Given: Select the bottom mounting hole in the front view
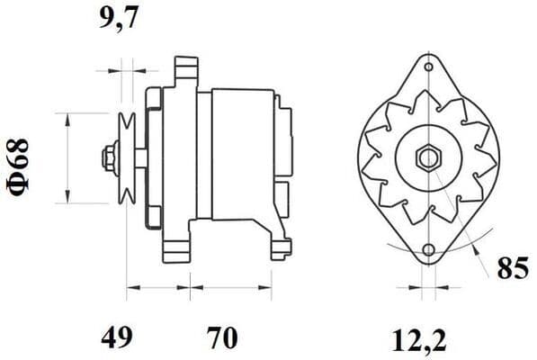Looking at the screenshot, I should click(x=427, y=248).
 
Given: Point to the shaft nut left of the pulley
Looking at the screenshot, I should click(x=108, y=158).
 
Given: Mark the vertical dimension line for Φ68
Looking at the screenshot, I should click(x=68, y=158).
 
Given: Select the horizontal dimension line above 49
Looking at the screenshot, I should click(x=158, y=290).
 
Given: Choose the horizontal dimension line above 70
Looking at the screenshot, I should click(x=230, y=290).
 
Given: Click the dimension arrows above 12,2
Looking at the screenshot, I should click(x=427, y=290).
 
